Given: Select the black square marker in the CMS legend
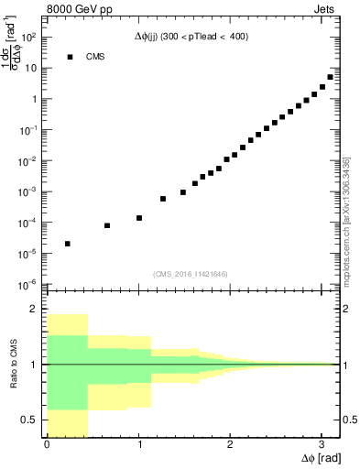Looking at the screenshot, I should tap(68, 57).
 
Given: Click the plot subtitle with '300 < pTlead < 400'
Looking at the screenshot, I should tap(191, 37).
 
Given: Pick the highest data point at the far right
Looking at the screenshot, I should tap(330, 77).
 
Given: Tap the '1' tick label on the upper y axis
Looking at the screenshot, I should tap(34, 99).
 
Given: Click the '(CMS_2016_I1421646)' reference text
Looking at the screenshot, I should tap(191, 273).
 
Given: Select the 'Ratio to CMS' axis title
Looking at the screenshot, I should tap(14, 365).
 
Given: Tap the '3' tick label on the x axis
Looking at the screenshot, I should tap(321, 444).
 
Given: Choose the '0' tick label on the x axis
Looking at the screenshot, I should tap(47, 444).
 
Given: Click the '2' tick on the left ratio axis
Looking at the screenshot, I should tap(38, 310).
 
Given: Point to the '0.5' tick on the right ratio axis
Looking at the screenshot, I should tap(348, 420).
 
